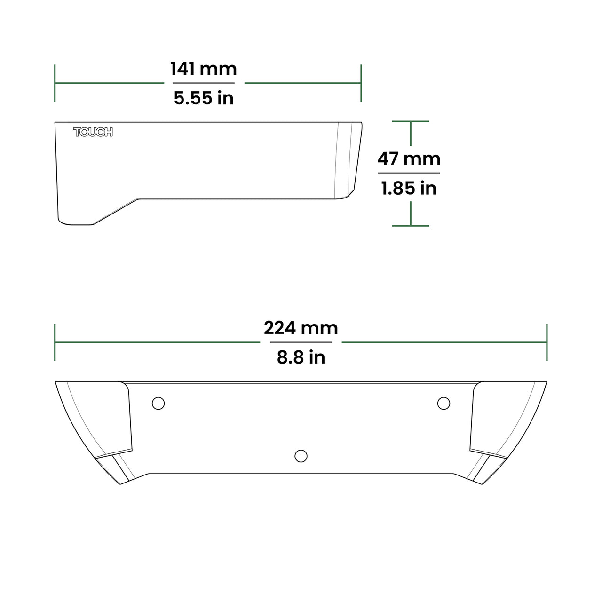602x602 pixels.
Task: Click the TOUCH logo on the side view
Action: [x=93, y=132]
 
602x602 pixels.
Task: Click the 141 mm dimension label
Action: [x=203, y=69]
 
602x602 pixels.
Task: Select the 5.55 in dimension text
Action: [x=204, y=98]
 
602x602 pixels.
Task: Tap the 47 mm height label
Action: [x=409, y=159]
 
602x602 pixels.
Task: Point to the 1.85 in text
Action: [x=409, y=188]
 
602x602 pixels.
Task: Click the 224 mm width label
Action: [x=301, y=328]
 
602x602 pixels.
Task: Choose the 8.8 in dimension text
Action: [x=301, y=357]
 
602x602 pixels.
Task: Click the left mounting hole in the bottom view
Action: [x=158, y=403]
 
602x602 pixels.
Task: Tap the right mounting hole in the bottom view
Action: [x=444, y=403]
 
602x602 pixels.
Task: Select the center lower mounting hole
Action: [x=301, y=456]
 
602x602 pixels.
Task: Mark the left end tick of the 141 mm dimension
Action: [x=55, y=83]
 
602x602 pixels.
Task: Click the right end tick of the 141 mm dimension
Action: [x=361, y=83]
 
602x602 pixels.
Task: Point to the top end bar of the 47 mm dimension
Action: [x=411, y=121]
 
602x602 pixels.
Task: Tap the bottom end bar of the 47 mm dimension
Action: [x=411, y=226]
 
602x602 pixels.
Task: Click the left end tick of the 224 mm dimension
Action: [x=55, y=342]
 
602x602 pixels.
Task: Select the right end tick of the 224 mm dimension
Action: [x=547, y=342]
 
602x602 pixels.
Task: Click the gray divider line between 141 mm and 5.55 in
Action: [x=204, y=83]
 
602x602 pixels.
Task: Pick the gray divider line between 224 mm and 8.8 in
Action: [x=301, y=342]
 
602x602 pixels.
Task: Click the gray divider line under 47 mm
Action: [x=409, y=173]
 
